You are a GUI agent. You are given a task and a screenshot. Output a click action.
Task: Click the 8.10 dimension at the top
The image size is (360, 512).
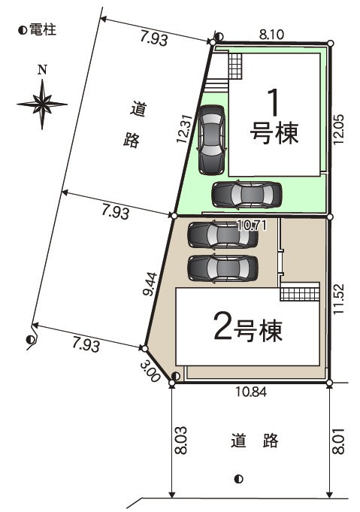pos(271,35)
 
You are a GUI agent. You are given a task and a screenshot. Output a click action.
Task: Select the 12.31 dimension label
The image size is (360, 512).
pos(183,129)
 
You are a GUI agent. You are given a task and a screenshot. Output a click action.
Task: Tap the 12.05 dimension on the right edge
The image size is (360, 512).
pos(339,129)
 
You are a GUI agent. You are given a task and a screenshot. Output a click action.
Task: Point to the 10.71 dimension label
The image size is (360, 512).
pos(251,225)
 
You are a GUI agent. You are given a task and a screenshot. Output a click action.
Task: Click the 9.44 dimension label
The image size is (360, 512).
pos(150,284)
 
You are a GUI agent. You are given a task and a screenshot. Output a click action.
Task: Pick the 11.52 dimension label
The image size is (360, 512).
pos(339,299)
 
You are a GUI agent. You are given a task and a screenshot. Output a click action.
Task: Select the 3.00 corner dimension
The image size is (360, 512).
pos(150,371)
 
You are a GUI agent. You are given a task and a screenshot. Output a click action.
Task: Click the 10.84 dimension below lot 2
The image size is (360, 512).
pos(251,392)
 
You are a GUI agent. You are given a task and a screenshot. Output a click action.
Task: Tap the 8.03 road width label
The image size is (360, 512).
pos(181,440)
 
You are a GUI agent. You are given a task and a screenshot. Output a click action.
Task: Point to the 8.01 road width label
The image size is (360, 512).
pos(339,441)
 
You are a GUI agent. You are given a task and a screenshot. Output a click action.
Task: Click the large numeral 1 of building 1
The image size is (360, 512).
pos(274,102)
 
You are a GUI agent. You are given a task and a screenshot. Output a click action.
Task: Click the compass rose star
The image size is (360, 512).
pos(42,105)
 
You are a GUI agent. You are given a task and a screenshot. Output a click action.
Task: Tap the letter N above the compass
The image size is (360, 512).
pos(42,70)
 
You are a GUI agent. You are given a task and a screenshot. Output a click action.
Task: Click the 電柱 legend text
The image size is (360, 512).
pos(43,30)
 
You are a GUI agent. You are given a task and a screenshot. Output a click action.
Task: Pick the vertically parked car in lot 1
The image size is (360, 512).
pos(211,139)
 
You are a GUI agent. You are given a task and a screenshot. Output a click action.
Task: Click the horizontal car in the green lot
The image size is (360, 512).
pos(247,195)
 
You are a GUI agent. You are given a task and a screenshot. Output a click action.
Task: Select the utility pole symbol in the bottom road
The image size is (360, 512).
pos(238,480)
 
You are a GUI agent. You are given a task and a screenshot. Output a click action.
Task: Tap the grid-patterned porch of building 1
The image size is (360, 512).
pos(235,66)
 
